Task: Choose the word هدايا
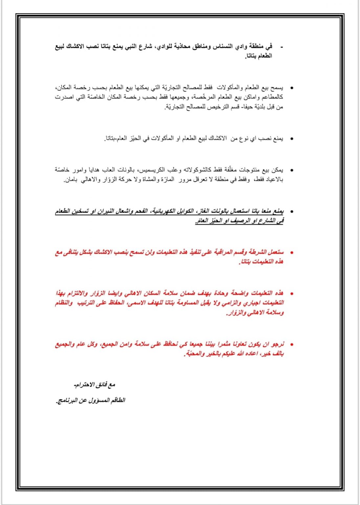point(88,170)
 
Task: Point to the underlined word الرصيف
point(240,221)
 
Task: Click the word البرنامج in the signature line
point(67,400)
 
